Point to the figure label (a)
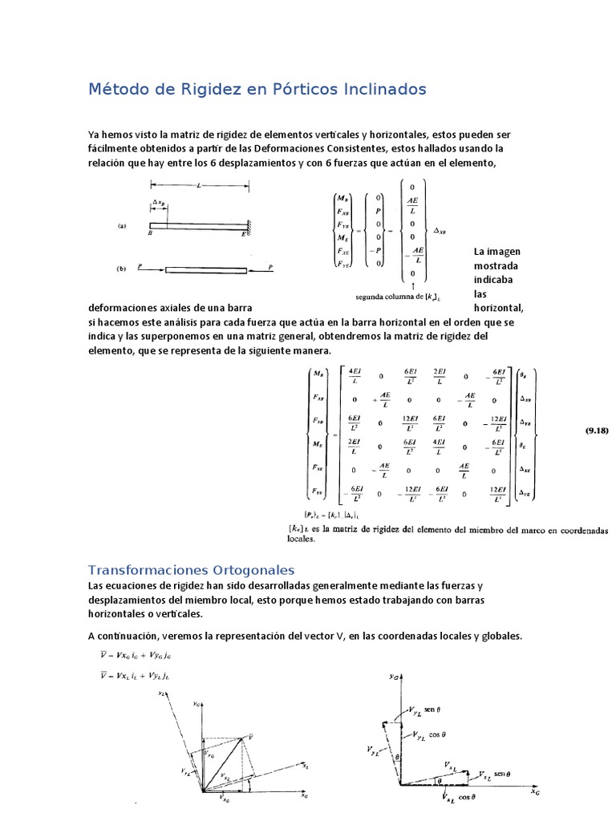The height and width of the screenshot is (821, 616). pos(123,227)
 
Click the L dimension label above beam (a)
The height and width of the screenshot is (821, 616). pos(198,185)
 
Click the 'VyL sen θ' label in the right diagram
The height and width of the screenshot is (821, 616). pos(437,709)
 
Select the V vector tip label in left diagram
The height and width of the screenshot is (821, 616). pos(252,736)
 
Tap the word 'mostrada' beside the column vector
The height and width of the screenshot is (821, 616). pos(496,265)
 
